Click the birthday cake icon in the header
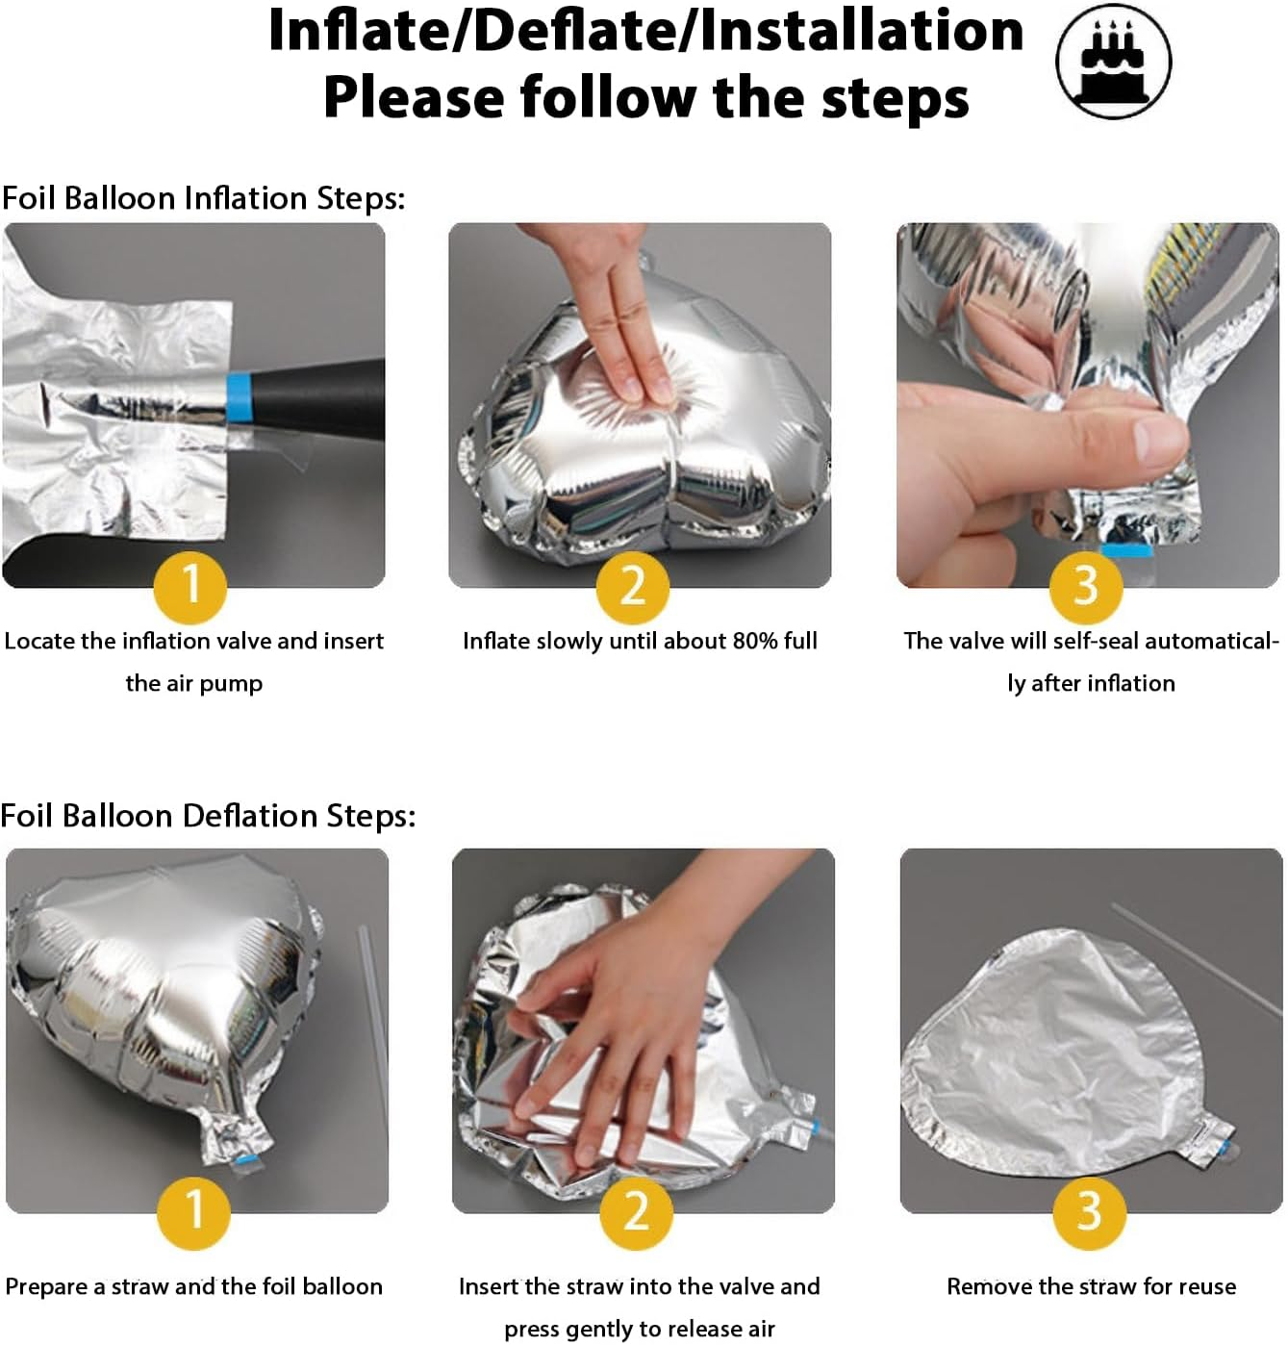tap(1113, 61)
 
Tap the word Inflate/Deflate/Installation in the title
tap(645, 31)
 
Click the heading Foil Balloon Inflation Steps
tap(203, 198)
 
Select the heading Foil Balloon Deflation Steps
tap(208, 816)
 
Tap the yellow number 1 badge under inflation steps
tap(190, 587)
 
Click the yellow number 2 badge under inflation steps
tap(633, 587)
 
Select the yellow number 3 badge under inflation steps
tap(1086, 587)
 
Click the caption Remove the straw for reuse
tap(1091, 1286)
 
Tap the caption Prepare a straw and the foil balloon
tap(193, 1287)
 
